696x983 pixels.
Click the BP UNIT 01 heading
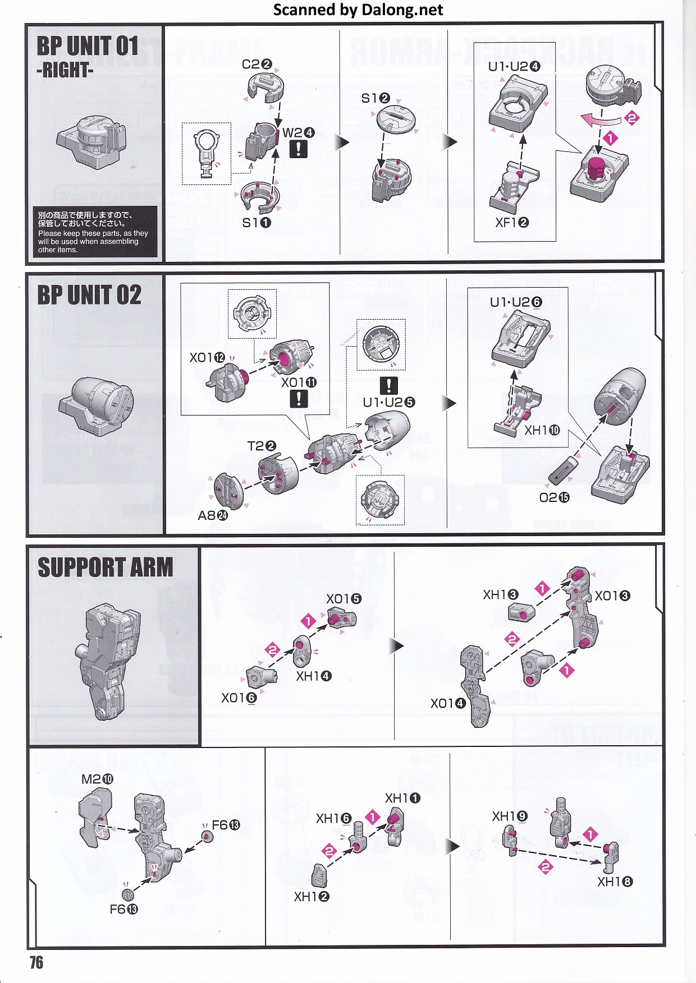88,46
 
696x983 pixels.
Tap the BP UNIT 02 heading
89,295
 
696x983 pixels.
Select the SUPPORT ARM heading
106,567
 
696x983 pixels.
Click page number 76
36,962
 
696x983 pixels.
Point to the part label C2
257,64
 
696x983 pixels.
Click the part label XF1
511,223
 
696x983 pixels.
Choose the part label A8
213,515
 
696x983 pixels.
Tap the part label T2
262,446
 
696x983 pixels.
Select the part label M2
97,779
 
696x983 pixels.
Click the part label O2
554,497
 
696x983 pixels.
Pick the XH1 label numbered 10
542,430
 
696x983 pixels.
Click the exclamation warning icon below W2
299,149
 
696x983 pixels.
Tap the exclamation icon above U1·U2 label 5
388,385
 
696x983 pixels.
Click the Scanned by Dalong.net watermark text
358,10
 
